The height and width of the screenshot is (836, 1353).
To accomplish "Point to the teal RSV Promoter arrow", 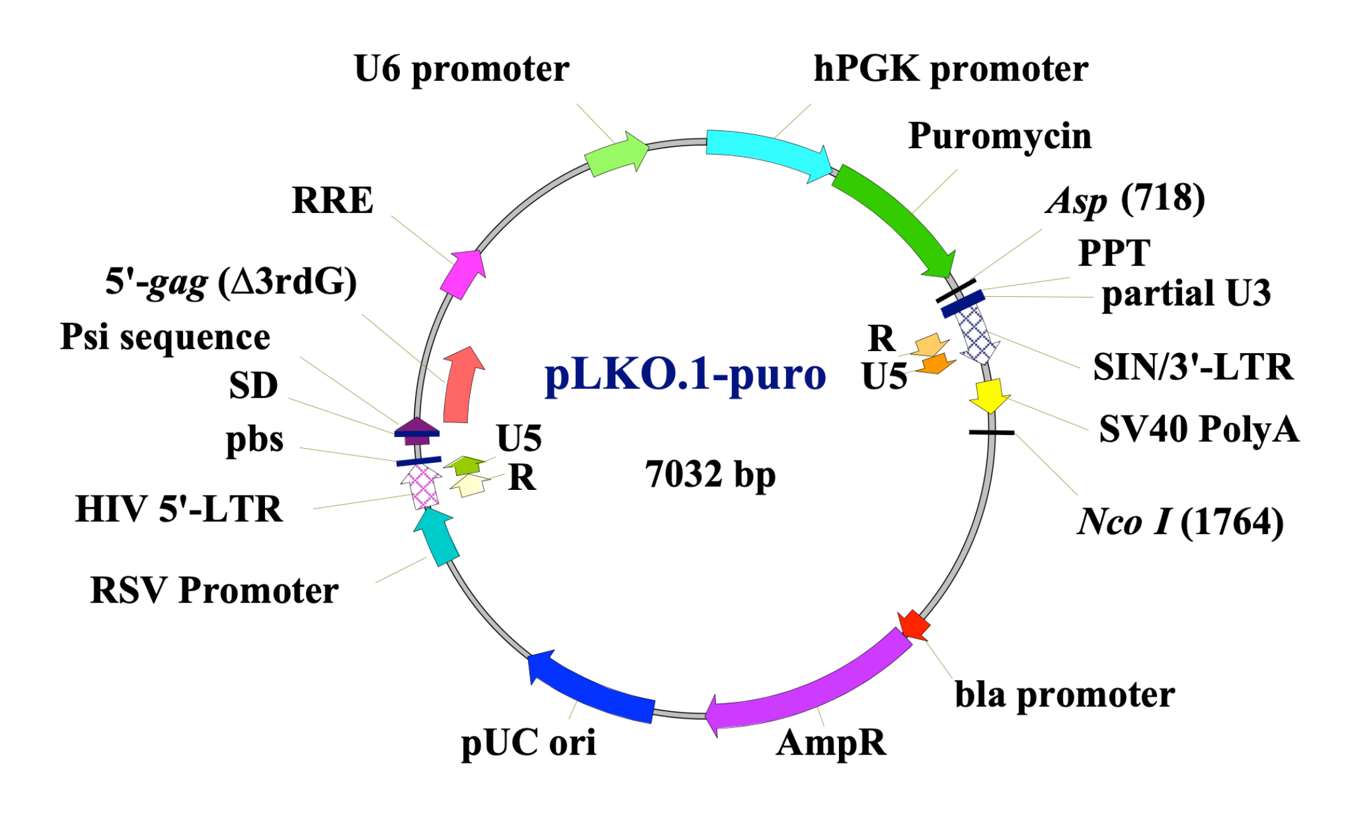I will (x=436, y=535).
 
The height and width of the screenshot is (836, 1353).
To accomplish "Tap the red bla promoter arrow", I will (x=914, y=624).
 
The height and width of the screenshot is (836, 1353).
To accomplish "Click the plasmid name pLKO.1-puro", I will (x=685, y=375).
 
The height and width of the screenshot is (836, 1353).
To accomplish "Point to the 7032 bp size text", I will (x=710, y=474).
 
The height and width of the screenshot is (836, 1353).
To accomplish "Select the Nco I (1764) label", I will (x=1180, y=522).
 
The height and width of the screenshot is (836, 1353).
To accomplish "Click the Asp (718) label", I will (x=1125, y=200).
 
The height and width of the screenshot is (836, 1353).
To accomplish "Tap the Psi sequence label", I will (x=165, y=337).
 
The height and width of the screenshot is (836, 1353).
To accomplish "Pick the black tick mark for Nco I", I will (x=992, y=433).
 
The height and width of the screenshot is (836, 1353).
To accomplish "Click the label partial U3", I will (x=1186, y=294).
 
